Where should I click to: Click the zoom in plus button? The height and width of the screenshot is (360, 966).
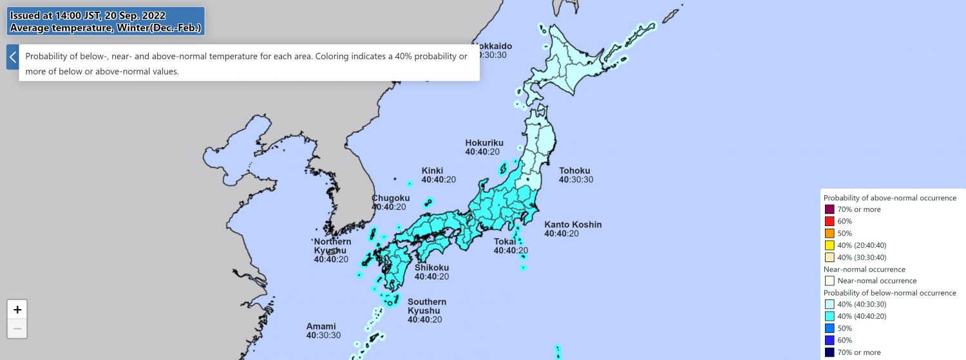point(17,309)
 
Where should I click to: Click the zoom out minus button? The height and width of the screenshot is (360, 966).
point(17,328)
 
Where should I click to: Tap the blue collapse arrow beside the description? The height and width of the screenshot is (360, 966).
point(12,57)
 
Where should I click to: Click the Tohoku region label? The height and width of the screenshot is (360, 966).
point(574,171)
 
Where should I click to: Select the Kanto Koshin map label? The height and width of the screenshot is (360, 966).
point(573,225)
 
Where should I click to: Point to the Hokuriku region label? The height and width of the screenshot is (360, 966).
point(484,143)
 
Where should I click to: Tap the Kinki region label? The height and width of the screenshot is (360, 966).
point(432,171)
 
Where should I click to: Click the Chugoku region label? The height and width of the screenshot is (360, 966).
point(390,198)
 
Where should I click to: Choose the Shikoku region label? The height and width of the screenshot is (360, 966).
point(431,267)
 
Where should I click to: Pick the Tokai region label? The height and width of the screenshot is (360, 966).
point(504,242)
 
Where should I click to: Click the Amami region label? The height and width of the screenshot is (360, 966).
point(321,327)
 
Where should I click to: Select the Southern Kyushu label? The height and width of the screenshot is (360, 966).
point(426,306)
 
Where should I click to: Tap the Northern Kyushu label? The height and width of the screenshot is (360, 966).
point(332,246)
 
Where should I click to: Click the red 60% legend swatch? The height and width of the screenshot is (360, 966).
point(829,222)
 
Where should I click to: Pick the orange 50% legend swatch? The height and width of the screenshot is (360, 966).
point(829,233)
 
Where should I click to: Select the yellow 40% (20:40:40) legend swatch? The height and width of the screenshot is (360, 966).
point(829,245)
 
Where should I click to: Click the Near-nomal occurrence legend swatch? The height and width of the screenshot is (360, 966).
point(829,281)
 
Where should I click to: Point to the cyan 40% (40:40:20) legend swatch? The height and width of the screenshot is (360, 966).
point(829,316)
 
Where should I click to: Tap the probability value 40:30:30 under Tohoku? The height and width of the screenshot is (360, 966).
point(576,180)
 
